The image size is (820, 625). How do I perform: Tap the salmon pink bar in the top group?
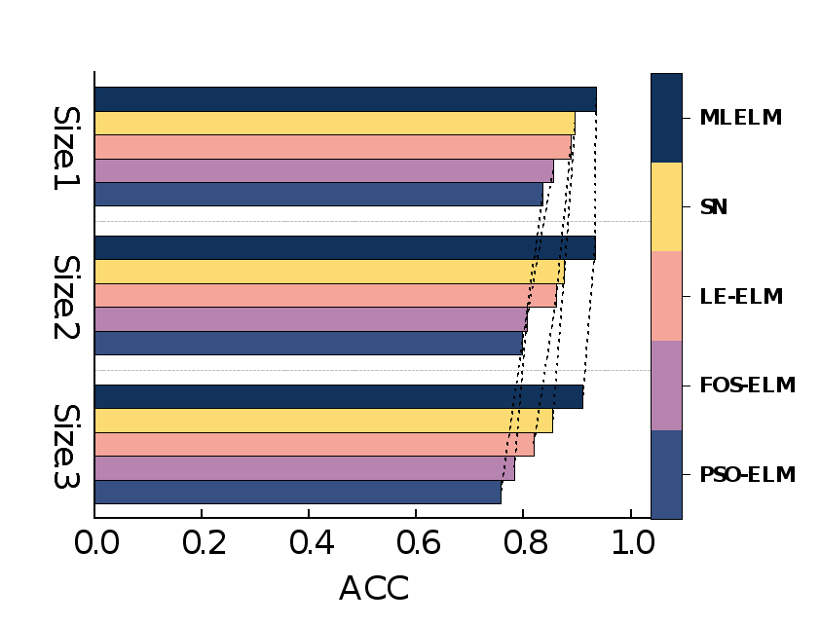pyautogui.click(x=332, y=147)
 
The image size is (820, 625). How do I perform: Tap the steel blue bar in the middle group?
pyautogui.click(x=308, y=344)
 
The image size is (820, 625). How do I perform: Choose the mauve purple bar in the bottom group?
pyautogui.click(x=302, y=468)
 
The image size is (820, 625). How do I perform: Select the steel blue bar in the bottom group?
pyautogui.click(x=297, y=492)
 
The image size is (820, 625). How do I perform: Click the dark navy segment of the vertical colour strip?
pyautogui.click(x=666, y=118)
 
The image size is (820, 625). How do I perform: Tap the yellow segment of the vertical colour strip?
pyautogui.click(x=666, y=207)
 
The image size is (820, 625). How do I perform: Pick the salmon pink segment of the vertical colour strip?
pyautogui.click(x=666, y=296)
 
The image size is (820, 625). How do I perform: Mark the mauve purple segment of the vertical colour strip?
pyautogui.click(x=666, y=386)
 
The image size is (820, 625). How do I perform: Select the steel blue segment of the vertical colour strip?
pyautogui.click(x=666, y=475)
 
